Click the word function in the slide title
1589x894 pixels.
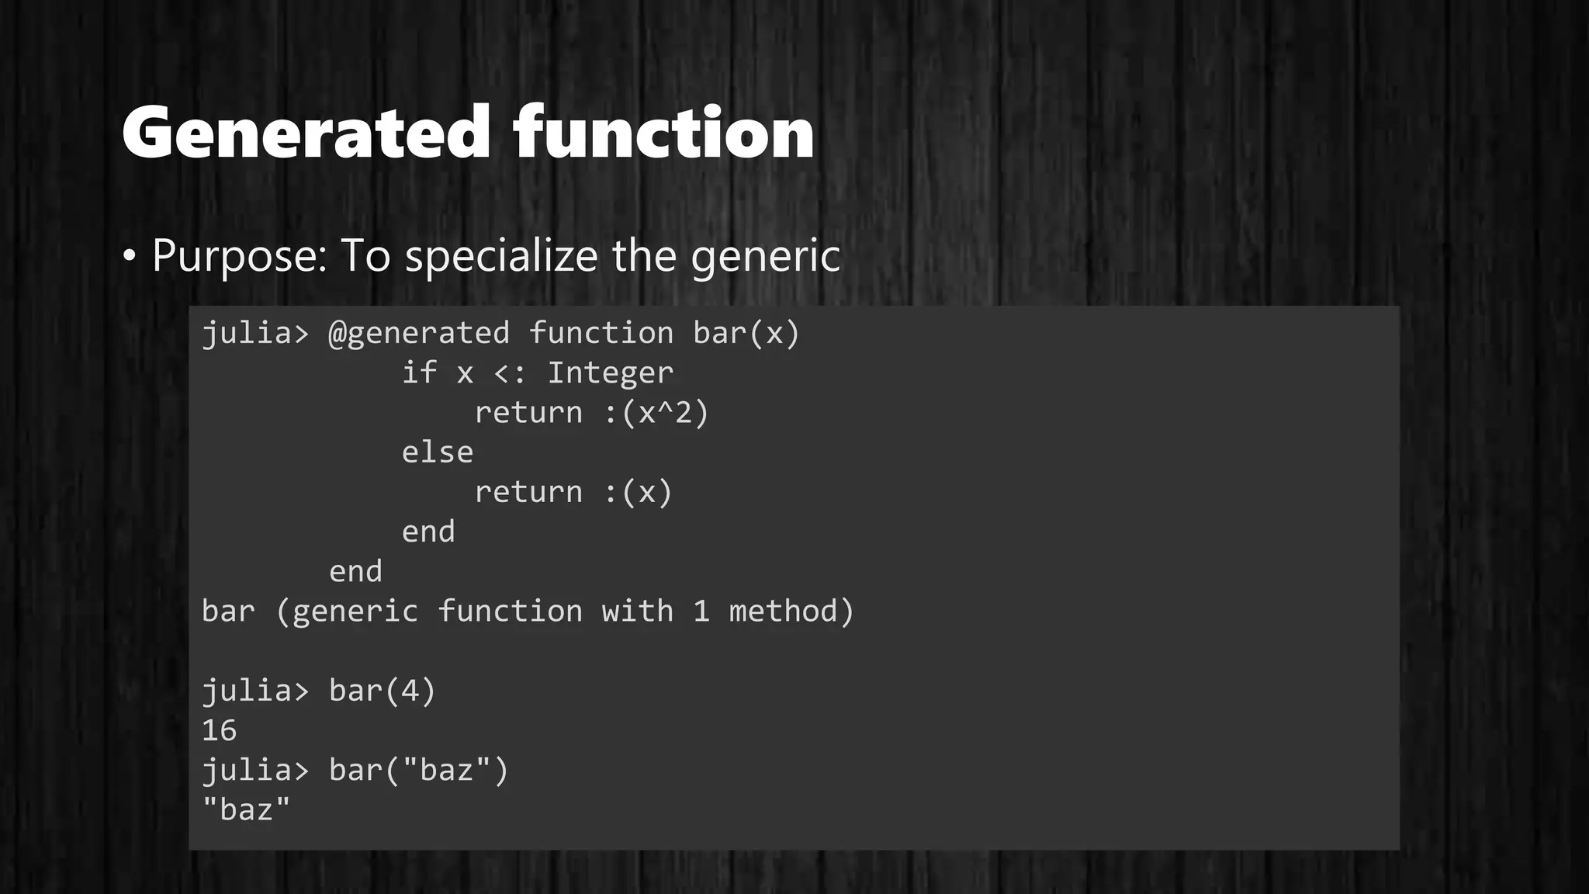[663, 133]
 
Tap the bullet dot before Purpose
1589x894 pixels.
[130, 256]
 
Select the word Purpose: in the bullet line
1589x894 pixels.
[240, 256]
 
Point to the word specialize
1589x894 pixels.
[501, 256]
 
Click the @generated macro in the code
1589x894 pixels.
[419, 334]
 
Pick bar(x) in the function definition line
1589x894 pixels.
[746, 334]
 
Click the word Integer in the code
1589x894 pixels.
[611, 373]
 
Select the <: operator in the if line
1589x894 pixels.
[510, 373]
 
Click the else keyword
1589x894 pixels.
[437, 452]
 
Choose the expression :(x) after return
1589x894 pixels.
[638, 492]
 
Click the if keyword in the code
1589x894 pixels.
[419, 373]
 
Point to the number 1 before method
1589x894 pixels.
[701, 612]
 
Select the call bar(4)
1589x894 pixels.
[383, 691]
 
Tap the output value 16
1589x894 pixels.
[219, 730]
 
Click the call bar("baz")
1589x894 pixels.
[419, 770]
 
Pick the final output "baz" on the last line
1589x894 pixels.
[246, 809]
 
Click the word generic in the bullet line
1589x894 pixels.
[765, 256]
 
